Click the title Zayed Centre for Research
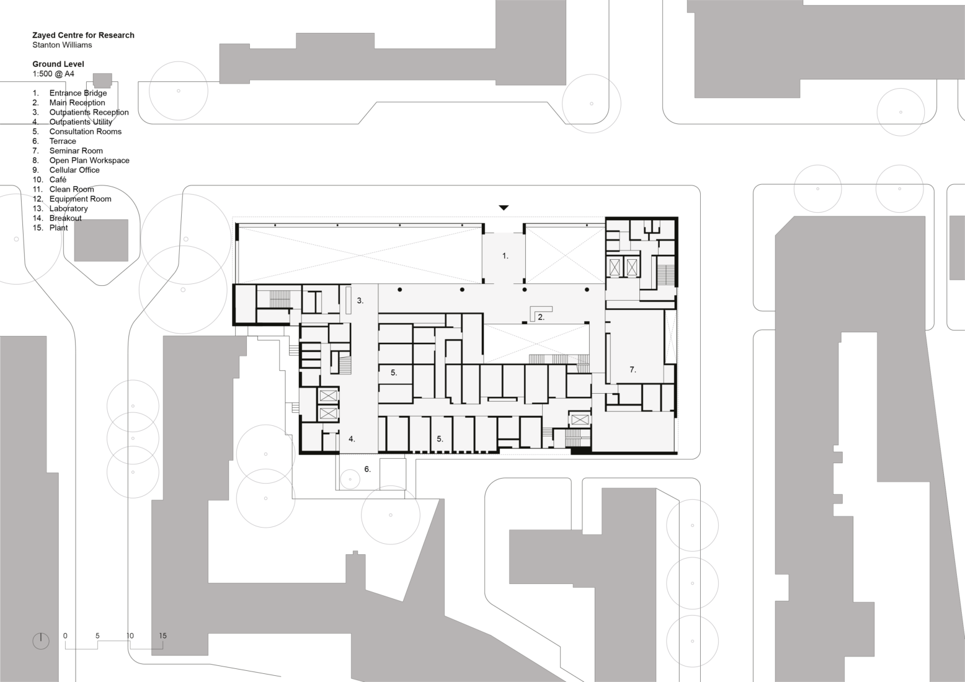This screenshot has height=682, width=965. coord(83,35)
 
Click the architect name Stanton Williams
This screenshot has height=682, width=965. coord(62,45)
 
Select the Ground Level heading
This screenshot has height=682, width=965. coord(58,64)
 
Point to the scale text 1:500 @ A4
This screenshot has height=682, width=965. coord(53,74)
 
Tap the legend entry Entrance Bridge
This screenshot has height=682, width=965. coord(78,93)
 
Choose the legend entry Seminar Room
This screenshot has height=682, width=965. coord(76,151)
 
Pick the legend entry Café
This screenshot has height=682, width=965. coord(58,179)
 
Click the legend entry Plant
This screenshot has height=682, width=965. coord(58,228)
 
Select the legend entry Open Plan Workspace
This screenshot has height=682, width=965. coord(89,160)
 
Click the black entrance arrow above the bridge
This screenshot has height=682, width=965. coord(504,208)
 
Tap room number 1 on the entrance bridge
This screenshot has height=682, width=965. coord(505,255)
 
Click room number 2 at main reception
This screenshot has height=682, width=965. coord(541,317)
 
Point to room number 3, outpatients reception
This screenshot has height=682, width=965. coord(360,301)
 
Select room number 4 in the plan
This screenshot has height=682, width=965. coord(352,439)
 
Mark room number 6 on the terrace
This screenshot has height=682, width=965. coord(367,469)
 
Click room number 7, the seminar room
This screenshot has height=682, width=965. coord(633,370)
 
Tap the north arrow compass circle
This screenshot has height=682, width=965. coord(41,641)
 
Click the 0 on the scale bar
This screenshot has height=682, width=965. coord(65,635)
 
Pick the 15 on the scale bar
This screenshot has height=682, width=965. coord(162,635)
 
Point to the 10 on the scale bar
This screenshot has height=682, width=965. coord(130,635)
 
